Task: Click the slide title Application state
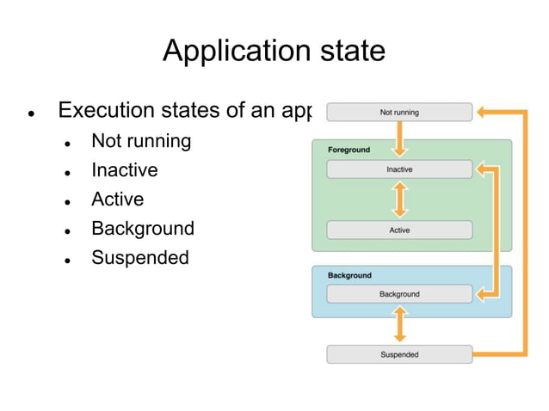coord(274,51)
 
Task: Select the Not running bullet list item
coord(141,140)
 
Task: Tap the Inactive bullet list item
coord(125,170)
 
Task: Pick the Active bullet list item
coord(118,199)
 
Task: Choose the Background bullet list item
coord(143,229)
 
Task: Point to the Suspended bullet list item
coord(140,258)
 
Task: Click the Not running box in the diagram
coord(399,112)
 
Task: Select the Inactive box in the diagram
coord(399,169)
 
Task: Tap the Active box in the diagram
coord(399,230)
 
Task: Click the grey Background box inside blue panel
coord(399,294)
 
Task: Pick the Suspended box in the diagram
coord(399,354)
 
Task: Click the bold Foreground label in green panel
coord(349,150)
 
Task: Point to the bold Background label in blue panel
coord(349,275)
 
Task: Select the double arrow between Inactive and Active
coord(399,199)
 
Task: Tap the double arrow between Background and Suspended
coord(399,324)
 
